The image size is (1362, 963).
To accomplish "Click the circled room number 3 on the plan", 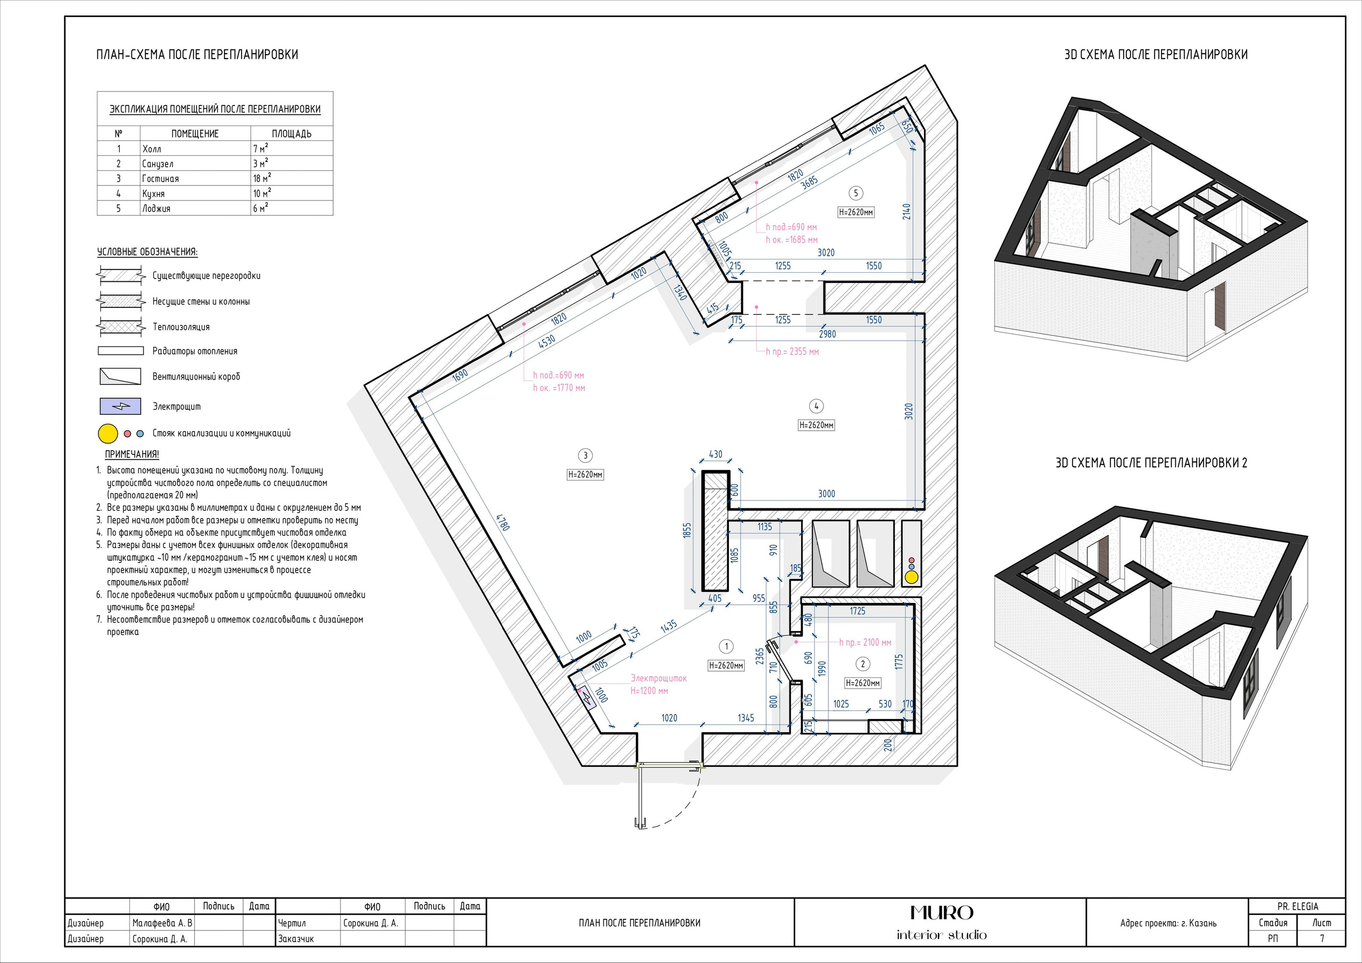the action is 585,455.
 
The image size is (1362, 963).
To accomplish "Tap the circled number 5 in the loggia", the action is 856,192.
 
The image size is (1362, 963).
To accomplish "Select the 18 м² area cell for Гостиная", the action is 262,178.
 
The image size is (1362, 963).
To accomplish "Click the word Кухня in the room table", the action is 153,194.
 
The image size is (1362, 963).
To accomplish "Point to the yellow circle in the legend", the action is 108,433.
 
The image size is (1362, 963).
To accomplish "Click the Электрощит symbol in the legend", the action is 120,406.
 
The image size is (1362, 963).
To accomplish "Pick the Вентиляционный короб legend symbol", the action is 120,376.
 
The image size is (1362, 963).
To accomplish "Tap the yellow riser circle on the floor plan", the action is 911,576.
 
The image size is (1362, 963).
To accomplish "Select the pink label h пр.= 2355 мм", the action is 792,351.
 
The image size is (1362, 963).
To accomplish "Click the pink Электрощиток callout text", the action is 659,678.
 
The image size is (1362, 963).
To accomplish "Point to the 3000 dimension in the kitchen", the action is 826,493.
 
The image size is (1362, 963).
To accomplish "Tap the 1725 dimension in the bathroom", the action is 857,611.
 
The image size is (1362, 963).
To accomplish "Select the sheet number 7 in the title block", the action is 1322,939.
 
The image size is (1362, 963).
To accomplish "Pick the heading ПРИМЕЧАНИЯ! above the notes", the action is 132,454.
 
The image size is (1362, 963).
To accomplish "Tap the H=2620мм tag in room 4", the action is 816,425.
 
